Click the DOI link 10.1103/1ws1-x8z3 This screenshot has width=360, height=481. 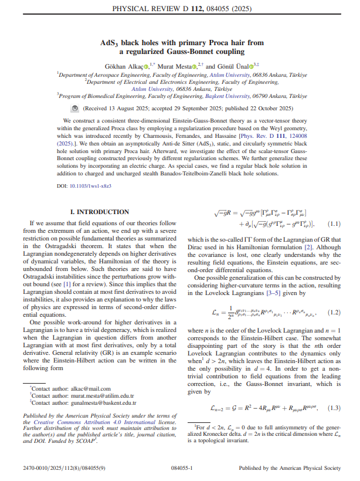[91, 186]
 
